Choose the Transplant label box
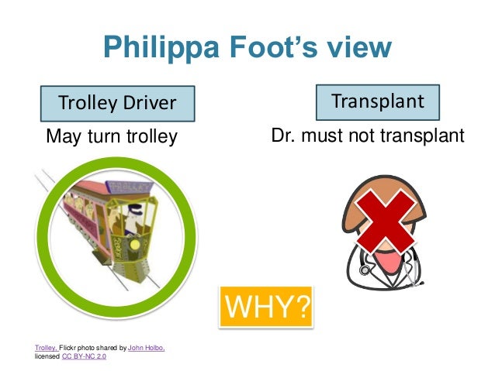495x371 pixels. point(377,101)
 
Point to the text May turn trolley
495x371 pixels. point(112,137)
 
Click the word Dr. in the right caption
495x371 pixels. point(284,137)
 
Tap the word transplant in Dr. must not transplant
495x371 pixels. point(422,137)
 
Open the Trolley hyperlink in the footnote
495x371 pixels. point(45,348)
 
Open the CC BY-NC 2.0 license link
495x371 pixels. point(84,356)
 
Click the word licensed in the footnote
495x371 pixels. point(46,356)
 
